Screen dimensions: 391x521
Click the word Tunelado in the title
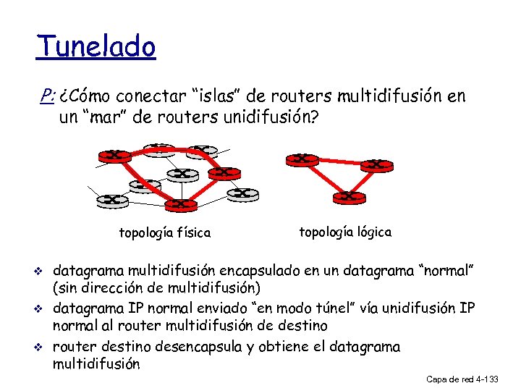[x=96, y=48]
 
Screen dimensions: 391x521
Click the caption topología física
[x=164, y=233]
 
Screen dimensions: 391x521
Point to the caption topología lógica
[x=345, y=232]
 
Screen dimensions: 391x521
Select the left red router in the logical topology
[x=302, y=159]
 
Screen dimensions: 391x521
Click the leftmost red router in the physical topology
[x=114, y=155]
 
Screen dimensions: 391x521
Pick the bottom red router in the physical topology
[x=180, y=204]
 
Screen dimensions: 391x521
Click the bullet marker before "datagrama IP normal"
[x=41, y=309]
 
